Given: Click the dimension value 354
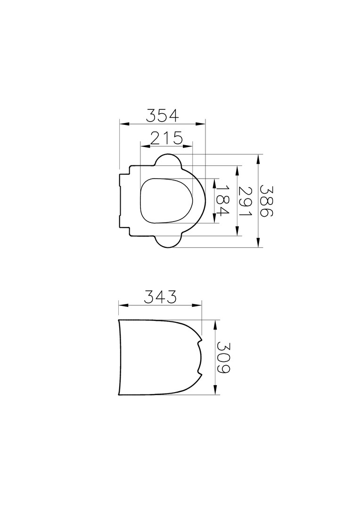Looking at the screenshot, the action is (162, 115).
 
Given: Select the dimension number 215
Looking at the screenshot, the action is (166, 139).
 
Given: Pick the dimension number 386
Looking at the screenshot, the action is (268, 201).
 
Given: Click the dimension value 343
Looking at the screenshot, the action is (160, 297).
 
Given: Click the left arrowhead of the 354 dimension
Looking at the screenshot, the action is (124, 123).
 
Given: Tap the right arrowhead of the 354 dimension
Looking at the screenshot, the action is (201, 123).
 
